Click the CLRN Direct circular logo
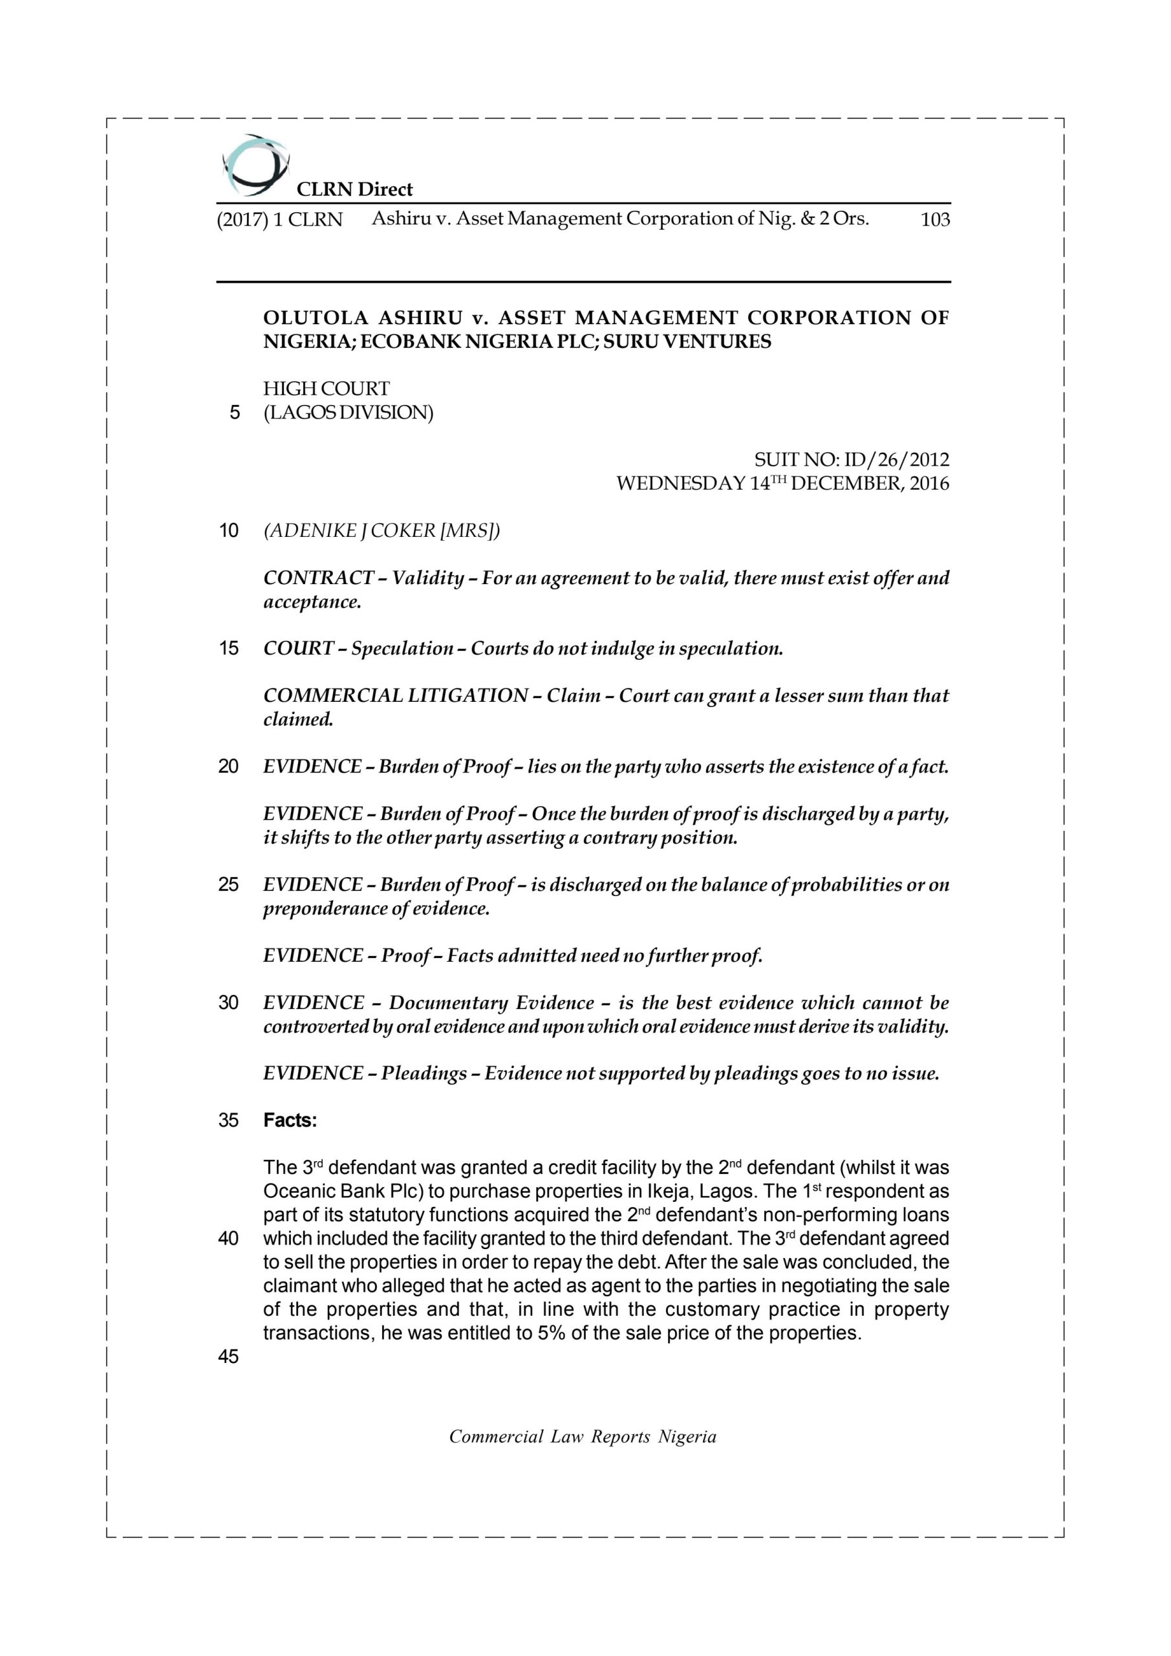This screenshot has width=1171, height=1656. pyautogui.click(x=255, y=165)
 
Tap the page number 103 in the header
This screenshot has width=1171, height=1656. pyautogui.click(x=934, y=219)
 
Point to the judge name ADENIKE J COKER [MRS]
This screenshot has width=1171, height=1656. pyautogui.click(x=381, y=531)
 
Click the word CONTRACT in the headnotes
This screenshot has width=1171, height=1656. pyautogui.click(x=318, y=578)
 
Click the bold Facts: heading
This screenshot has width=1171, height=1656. pyautogui.click(x=290, y=1120)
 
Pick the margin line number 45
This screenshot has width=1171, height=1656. pyautogui.click(x=228, y=1356)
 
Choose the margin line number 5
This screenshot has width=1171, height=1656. pyautogui.click(x=234, y=413)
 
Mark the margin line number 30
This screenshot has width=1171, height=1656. pyautogui.click(x=228, y=1003)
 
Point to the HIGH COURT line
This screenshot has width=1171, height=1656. pyautogui.click(x=326, y=389)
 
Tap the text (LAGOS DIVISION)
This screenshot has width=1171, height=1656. pyautogui.click(x=349, y=413)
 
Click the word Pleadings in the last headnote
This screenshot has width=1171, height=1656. pyautogui.click(x=424, y=1073)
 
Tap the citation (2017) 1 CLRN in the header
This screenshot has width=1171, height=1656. pyautogui.click(x=280, y=219)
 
